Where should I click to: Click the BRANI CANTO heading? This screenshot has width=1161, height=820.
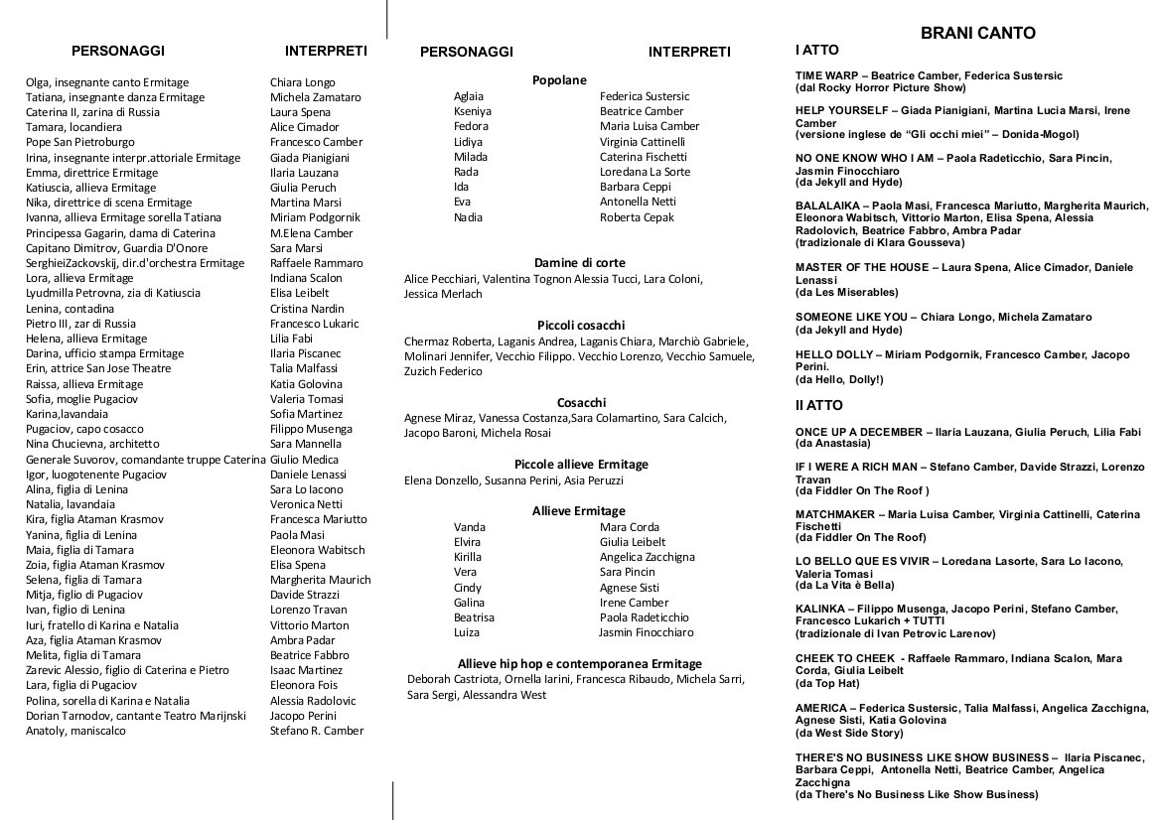coord(977,33)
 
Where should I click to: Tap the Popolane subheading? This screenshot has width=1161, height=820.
coord(559,80)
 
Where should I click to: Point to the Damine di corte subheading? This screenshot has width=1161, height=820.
coord(580,263)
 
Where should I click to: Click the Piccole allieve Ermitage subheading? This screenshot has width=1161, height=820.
coord(581,465)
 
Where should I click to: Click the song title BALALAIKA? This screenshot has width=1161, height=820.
coord(831,205)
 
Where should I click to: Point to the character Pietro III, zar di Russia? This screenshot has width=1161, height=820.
coord(80,324)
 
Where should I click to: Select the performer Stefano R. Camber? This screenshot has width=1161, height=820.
coord(317,731)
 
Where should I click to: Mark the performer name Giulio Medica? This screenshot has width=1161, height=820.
coord(304,459)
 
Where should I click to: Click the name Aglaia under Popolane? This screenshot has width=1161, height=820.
coord(469,96)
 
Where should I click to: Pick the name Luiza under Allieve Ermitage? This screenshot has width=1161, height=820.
coord(467,632)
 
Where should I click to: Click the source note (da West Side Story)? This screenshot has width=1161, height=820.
coord(849,734)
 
